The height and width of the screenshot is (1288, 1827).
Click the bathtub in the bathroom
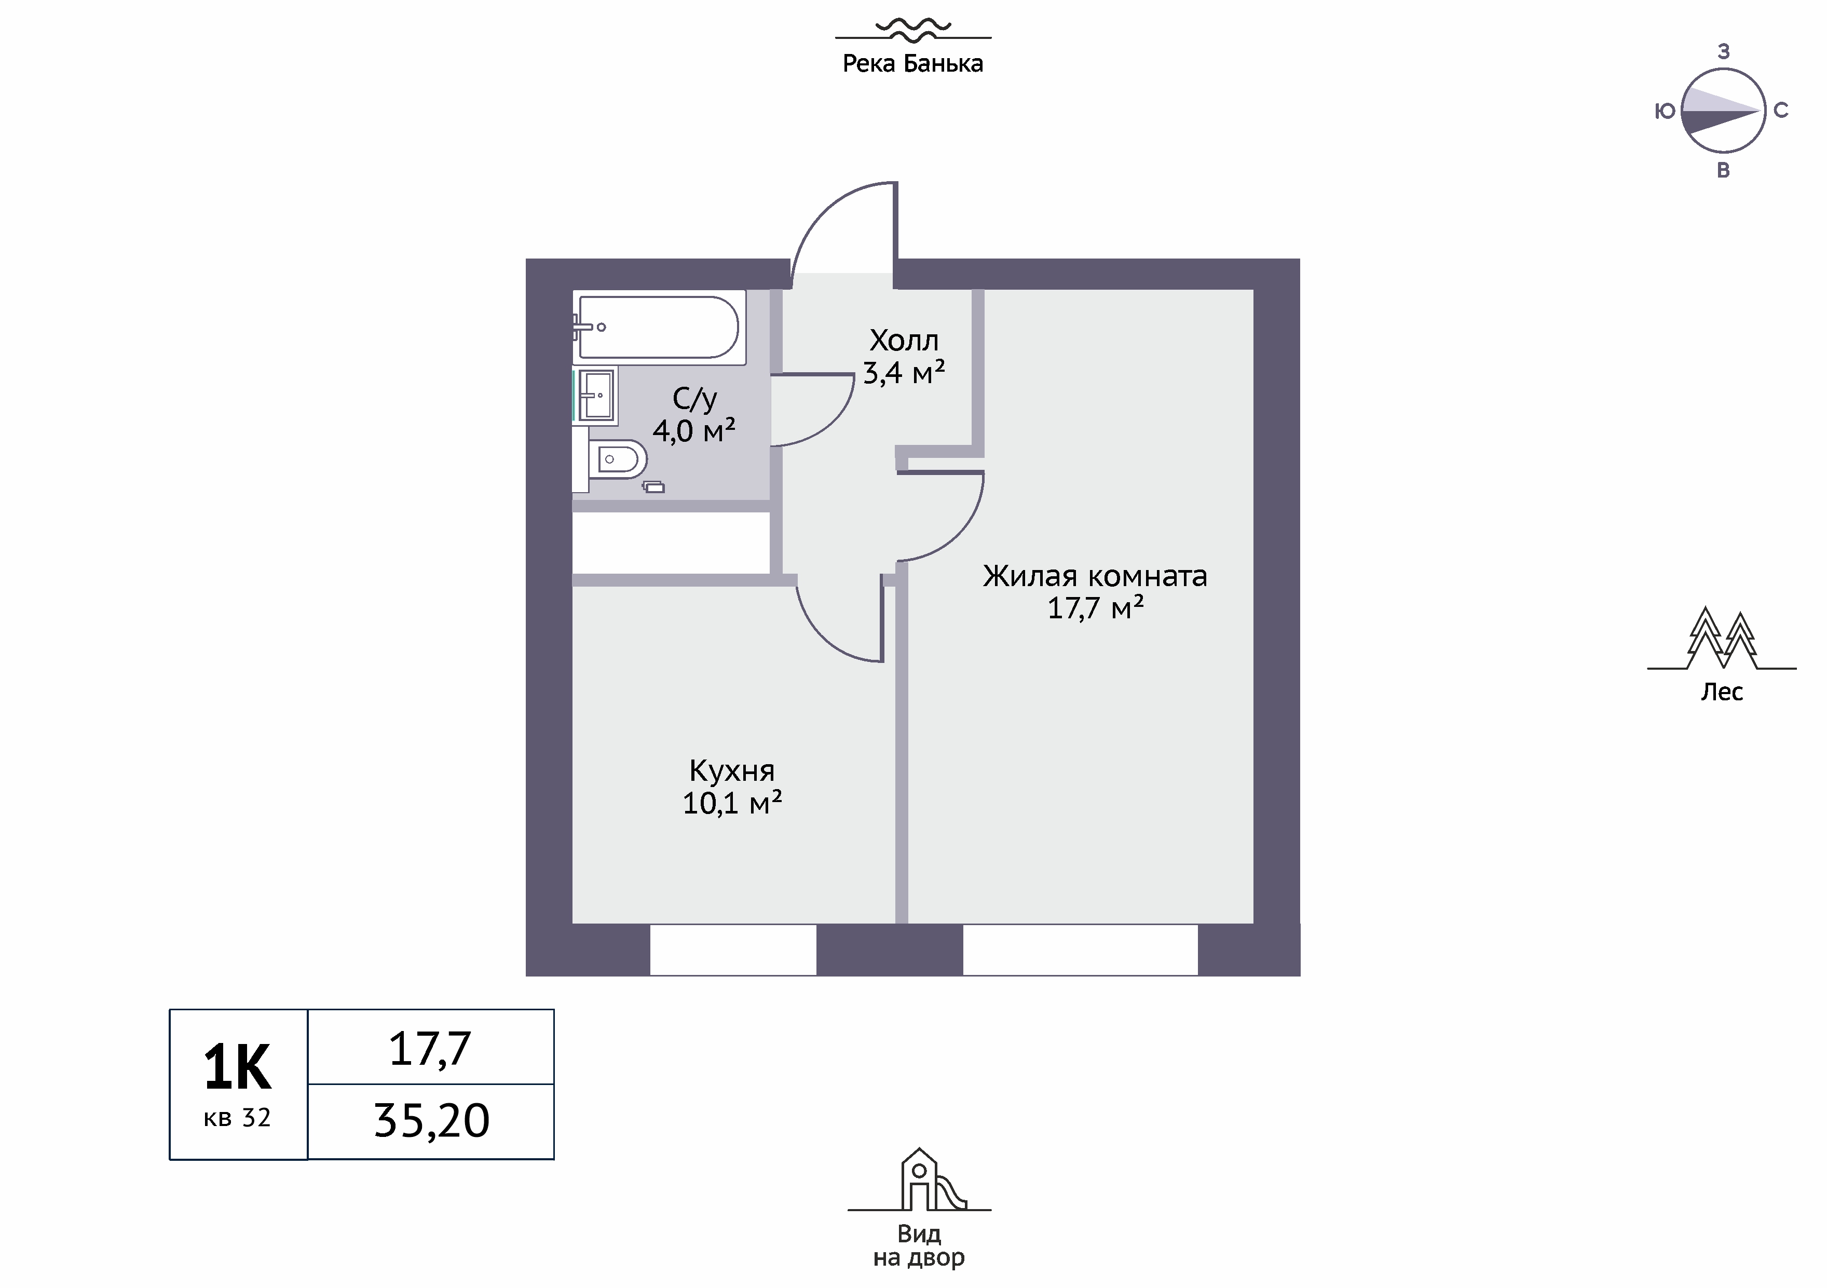659,327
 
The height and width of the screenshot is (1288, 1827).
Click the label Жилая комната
1095,576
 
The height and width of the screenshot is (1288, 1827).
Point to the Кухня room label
732,770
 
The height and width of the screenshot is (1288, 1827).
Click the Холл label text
904,341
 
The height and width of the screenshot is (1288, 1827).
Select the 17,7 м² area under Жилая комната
1096,608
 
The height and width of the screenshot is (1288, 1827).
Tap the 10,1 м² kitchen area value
732,803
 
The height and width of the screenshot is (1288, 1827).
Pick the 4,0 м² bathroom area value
694,431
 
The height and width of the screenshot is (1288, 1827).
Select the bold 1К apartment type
237,1067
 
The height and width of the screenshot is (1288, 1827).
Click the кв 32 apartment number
237,1118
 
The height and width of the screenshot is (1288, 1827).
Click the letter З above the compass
1724,52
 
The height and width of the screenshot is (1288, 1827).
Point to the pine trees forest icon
1722,639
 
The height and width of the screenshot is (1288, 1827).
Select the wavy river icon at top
912,30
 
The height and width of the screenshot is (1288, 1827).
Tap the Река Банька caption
912,64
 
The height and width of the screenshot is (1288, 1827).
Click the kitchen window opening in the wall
733,950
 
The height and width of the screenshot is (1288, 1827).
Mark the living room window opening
1081,950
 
